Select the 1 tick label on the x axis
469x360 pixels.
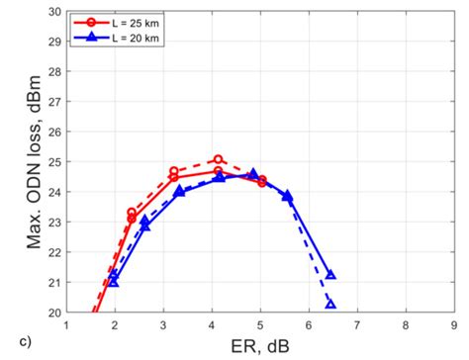coord(66,324)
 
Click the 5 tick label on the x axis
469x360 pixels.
coord(260,324)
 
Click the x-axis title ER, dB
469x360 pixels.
coord(260,345)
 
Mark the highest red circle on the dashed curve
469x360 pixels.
coord(219,159)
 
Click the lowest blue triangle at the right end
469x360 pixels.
coord(330,304)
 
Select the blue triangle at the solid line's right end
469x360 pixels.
coord(330,275)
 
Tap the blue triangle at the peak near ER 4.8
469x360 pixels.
coord(252,174)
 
